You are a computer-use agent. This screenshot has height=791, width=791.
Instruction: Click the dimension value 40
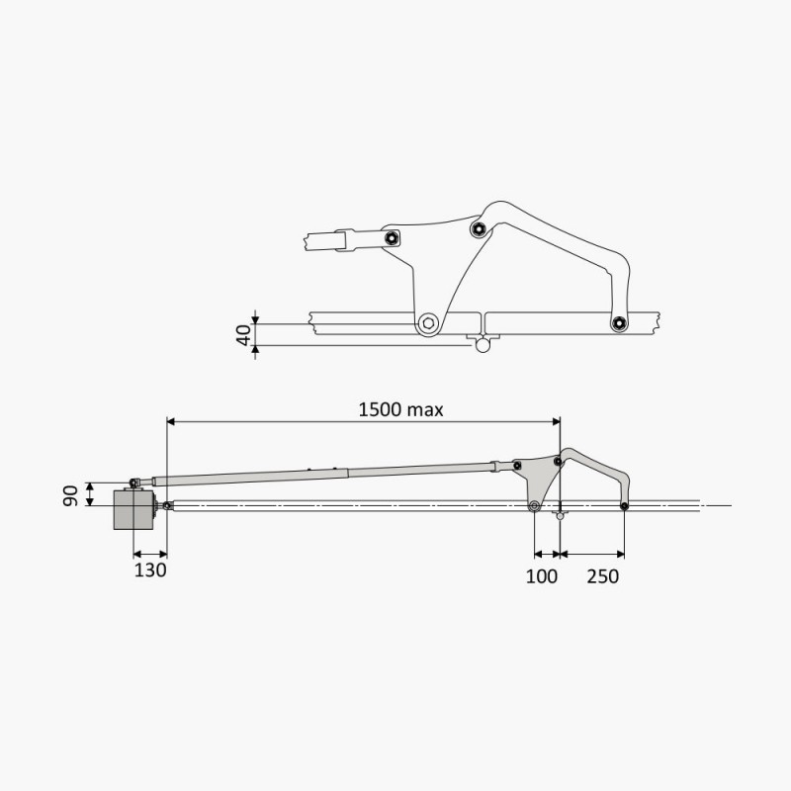tap(243, 332)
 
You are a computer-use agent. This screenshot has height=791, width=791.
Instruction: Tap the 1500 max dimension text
tap(401, 408)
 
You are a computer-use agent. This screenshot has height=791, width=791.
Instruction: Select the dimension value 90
tap(71, 494)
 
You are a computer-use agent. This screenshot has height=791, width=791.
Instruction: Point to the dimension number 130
tap(150, 571)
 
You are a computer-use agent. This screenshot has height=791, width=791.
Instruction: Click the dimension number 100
tap(542, 575)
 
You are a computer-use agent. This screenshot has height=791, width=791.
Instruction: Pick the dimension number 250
tap(602, 575)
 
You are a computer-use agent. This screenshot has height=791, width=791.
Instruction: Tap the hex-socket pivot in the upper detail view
tap(429, 323)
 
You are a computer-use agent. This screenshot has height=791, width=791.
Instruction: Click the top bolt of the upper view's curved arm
tap(479, 229)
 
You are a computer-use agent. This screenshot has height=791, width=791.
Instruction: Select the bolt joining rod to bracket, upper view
tap(393, 237)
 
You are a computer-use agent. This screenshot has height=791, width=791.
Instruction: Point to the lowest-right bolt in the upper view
tap(619, 323)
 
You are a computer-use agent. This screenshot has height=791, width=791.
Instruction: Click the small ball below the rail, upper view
tap(483, 345)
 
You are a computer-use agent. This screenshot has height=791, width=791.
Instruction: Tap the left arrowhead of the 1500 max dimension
tap(169, 422)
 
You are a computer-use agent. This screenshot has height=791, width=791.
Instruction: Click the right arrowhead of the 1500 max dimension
tap(557, 422)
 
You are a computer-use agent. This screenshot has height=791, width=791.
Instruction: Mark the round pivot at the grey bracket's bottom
tap(534, 507)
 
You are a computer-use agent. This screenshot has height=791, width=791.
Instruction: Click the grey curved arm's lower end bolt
tap(625, 507)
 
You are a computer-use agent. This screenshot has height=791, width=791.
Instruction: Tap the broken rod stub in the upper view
tap(326, 239)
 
